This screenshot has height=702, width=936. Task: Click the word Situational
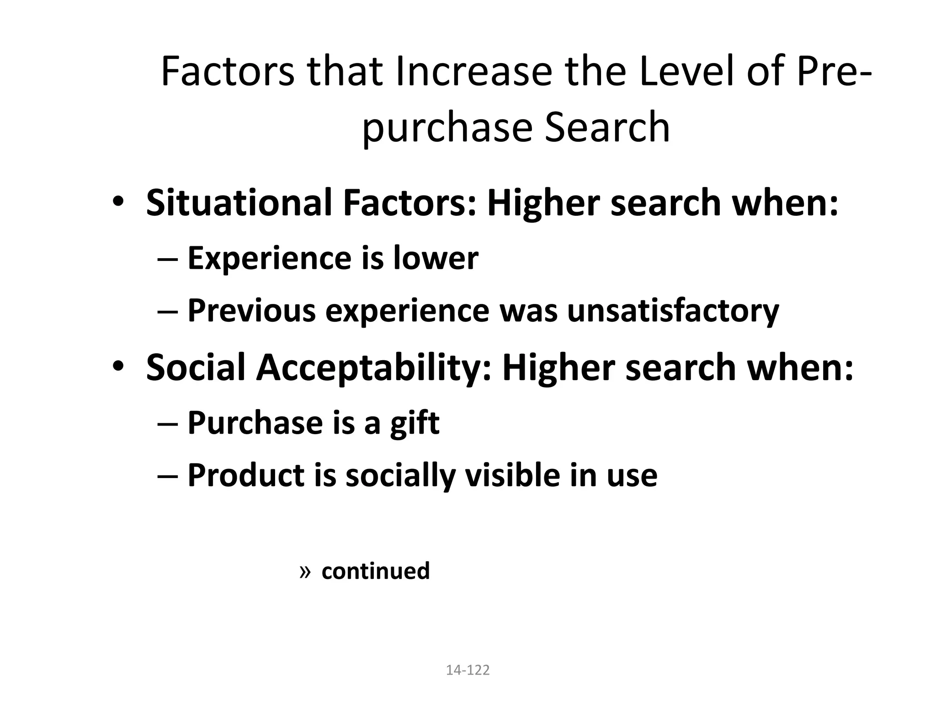point(239,202)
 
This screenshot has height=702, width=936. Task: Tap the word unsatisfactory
point(673,311)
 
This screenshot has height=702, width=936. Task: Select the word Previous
point(252,311)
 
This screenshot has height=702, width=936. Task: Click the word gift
point(415,424)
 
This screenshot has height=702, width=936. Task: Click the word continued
point(376,571)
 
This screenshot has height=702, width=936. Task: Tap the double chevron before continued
point(305,571)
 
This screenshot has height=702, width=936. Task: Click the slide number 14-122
point(468,670)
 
